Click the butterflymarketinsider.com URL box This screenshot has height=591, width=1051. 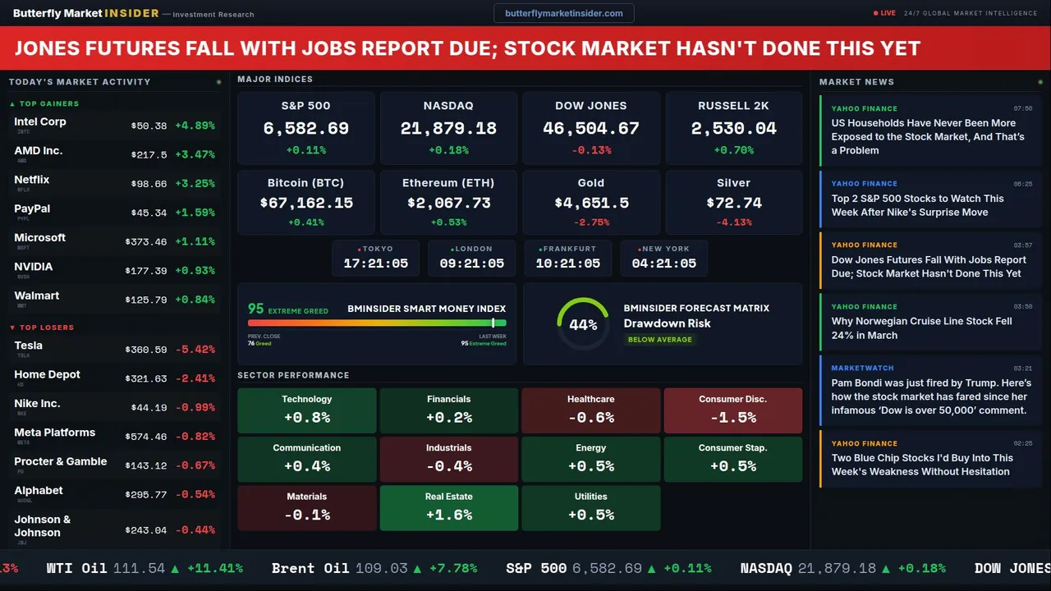[563, 13]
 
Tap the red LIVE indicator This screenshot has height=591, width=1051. [885, 13]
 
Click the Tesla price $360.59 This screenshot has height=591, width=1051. [149, 350]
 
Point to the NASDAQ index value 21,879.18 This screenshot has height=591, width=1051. [448, 129]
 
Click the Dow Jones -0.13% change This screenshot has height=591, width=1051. [591, 150]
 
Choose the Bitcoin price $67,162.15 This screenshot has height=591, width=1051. [306, 203]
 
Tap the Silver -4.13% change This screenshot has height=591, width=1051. [733, 222]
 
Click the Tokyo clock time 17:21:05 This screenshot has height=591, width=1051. [375, 263]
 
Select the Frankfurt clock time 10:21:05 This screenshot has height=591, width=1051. [567, 263]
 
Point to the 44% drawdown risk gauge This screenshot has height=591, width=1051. [583, 324]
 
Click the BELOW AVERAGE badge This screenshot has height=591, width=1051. [659, 340]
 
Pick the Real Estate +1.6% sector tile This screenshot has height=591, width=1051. [448, 508]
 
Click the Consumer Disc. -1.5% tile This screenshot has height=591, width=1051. [732, 410]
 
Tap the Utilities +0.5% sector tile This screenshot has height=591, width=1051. [590, 508]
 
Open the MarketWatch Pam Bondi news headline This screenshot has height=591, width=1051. [929, 396]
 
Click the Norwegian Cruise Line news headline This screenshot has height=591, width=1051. [921, 328]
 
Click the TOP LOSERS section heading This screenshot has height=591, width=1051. [46, 328]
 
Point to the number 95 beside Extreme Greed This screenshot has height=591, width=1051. [256, 309]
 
